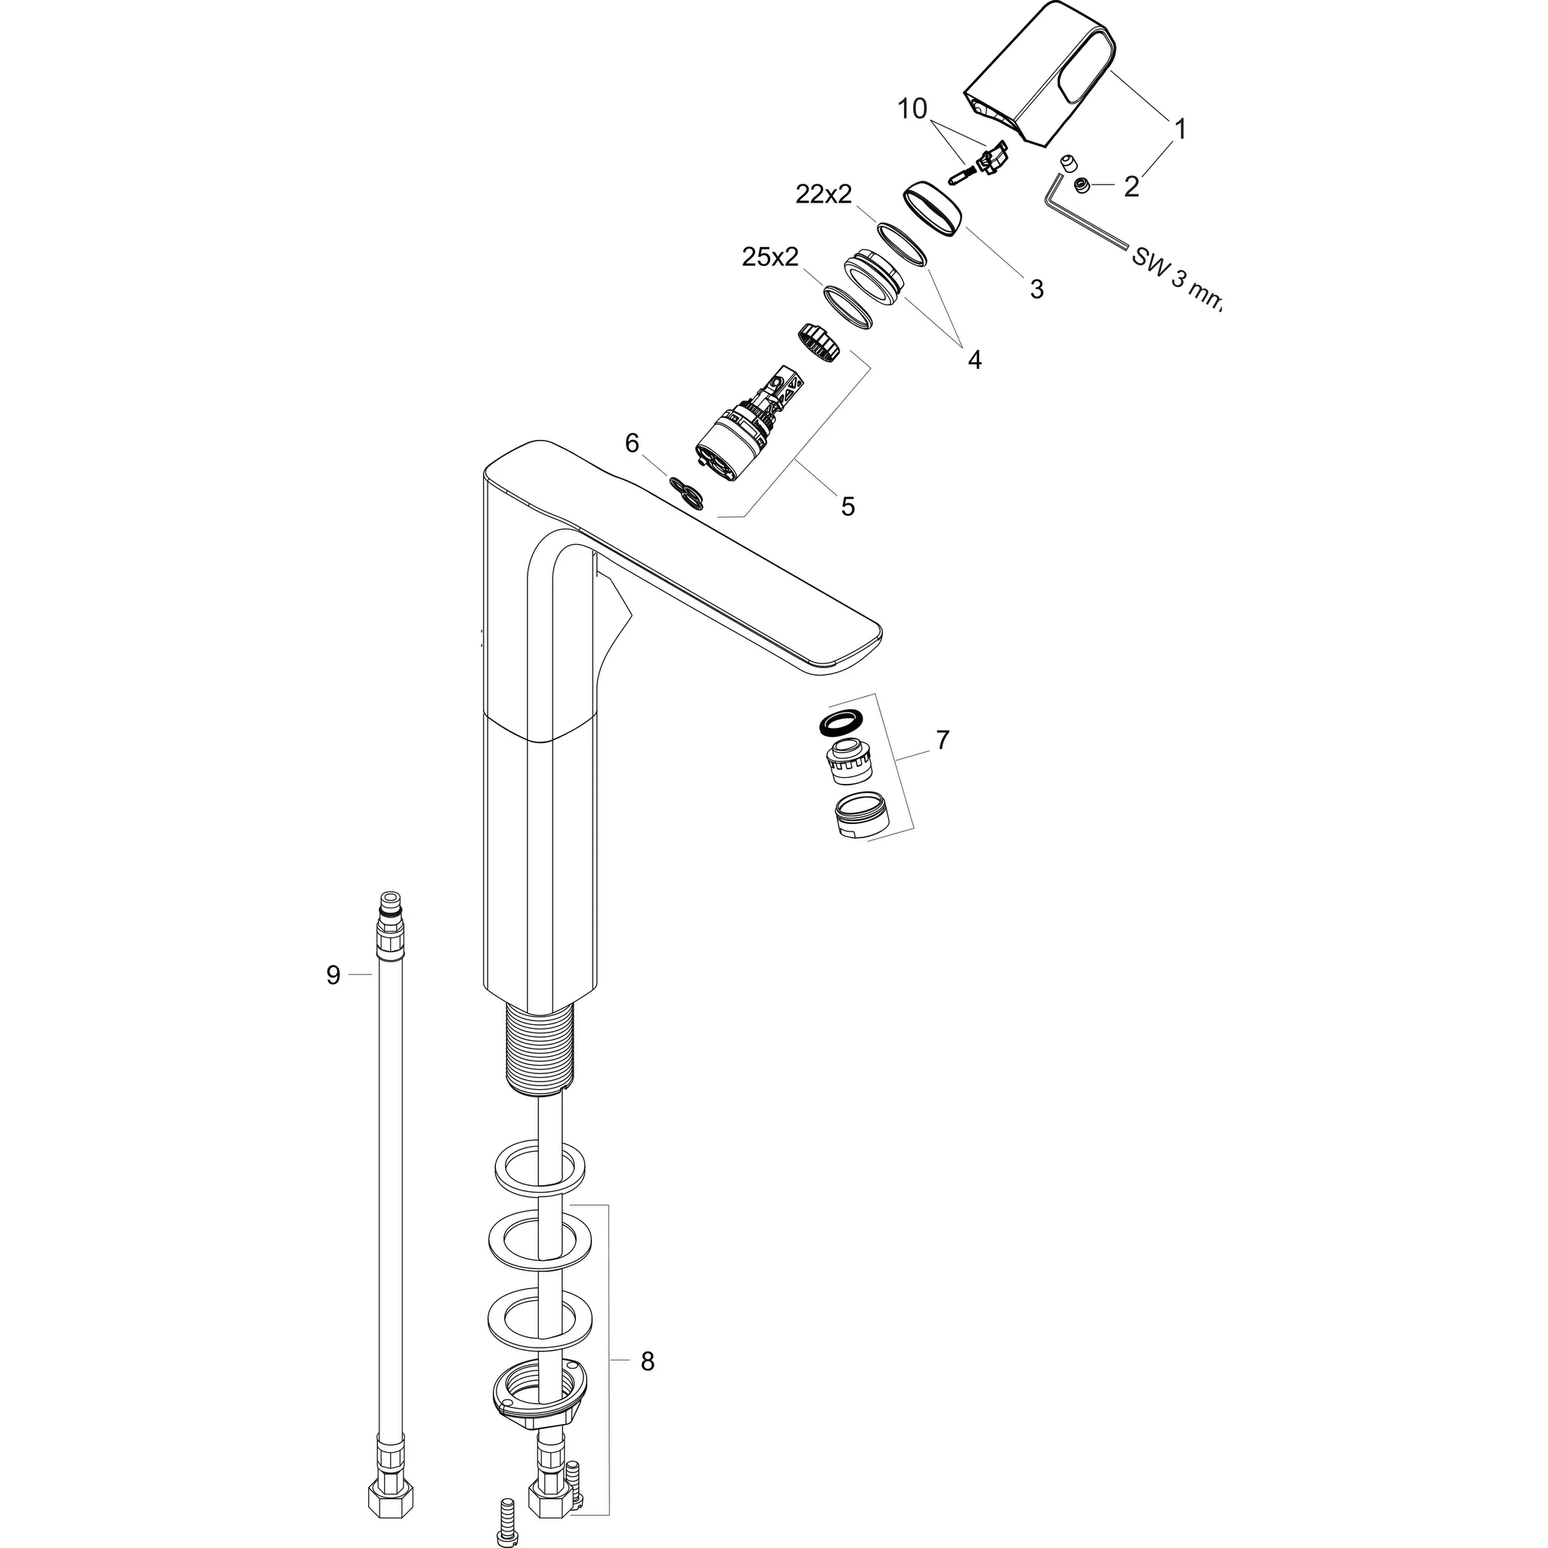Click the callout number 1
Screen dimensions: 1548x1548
pos(1178,128)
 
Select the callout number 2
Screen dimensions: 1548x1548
pos(1131,186)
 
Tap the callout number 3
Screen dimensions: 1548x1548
pos(1036,289)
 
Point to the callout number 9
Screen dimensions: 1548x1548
pos(333,975)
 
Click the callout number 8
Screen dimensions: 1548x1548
pos(648,1361)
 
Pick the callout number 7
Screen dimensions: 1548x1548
pos(943,739)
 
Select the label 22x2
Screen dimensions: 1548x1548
pos(824,194)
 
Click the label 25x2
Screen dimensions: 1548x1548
pos(770,257)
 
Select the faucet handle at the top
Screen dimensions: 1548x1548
pos(1038,76)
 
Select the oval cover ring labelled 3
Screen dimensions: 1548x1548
pos(934,210)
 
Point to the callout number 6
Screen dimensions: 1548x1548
pos(632,442)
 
